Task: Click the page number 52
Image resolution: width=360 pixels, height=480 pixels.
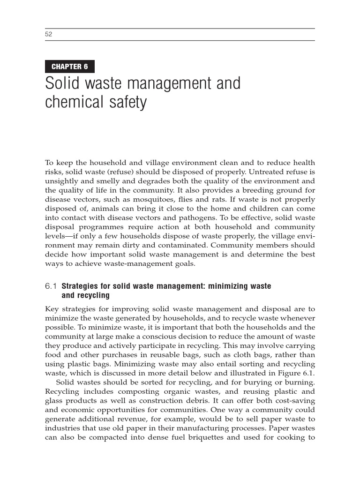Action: tap(48, 34)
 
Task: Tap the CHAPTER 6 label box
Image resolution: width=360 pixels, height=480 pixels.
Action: tap(70, 67)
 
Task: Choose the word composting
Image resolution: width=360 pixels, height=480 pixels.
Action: tap(133, 391)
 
